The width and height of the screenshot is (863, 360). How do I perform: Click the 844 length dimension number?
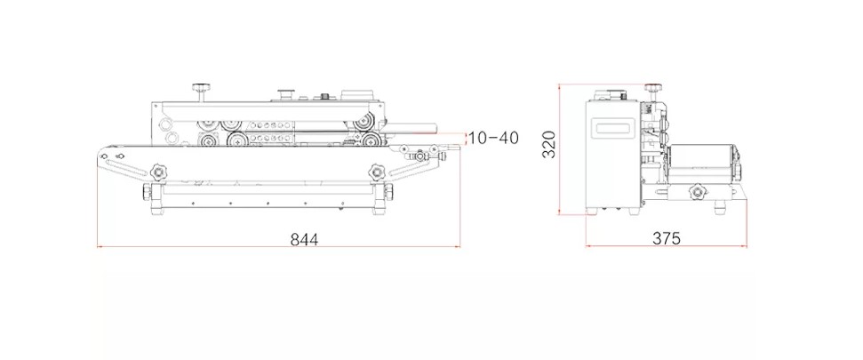point(304,239)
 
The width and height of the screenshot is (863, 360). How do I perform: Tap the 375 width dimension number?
point(667,239)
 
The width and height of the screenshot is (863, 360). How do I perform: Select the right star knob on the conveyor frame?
point(377,172)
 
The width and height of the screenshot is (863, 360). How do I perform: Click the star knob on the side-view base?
point(698,192)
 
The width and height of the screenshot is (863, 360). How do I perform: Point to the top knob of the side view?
point(652,88)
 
